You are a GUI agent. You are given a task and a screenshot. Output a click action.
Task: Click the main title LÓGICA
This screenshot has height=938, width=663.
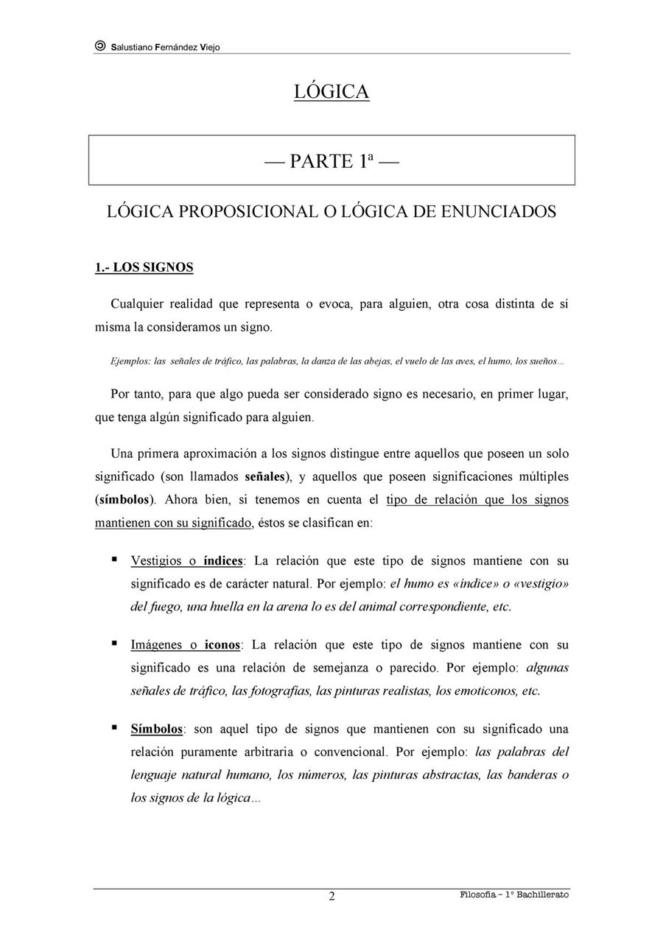coord(331,91)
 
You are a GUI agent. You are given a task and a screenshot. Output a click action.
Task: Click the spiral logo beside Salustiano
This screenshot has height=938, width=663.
coord(100,46)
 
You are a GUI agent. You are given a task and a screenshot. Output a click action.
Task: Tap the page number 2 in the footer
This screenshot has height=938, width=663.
coord(331,896)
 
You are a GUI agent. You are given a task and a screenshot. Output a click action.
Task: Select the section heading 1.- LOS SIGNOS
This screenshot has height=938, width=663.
coord(144,267)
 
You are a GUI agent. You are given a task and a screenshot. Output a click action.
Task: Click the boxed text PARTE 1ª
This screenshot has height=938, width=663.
coord(331,161)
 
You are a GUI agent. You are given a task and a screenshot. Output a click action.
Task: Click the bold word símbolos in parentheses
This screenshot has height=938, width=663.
coord(125,500)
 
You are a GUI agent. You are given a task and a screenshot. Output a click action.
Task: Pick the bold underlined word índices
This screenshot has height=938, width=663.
coord(223,561)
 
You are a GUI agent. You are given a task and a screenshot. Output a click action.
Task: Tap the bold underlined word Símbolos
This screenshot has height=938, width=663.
coord(157,730)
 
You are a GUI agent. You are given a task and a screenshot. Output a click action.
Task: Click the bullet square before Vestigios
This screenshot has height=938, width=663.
coord(114,560)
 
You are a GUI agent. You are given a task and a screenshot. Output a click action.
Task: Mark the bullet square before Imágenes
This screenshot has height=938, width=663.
coord(114,643)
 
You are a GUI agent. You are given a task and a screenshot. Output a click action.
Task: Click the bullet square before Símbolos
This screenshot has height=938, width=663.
coord(114,728)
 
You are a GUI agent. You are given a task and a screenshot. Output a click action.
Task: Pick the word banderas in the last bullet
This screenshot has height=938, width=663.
coord(531,775)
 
